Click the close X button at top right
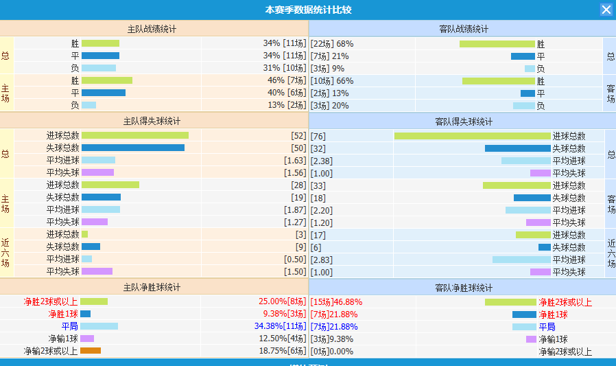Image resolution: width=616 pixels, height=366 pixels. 606,10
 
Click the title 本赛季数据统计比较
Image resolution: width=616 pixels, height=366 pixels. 308,10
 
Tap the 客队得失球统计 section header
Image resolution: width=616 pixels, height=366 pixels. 464,122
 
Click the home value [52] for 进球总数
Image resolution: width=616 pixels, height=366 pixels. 298,136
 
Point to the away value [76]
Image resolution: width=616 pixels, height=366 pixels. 318,136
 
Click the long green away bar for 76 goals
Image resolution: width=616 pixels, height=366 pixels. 472,136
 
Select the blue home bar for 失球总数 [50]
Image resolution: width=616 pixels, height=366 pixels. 132,148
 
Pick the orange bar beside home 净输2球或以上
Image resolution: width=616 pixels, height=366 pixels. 91,351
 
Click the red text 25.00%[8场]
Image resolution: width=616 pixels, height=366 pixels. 282,301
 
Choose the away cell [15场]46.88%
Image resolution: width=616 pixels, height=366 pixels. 336,301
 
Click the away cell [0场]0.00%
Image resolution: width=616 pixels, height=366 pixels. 332,351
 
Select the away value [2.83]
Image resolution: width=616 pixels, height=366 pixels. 322,259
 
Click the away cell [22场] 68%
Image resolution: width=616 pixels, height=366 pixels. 332,43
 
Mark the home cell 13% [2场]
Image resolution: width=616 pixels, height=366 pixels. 286,105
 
